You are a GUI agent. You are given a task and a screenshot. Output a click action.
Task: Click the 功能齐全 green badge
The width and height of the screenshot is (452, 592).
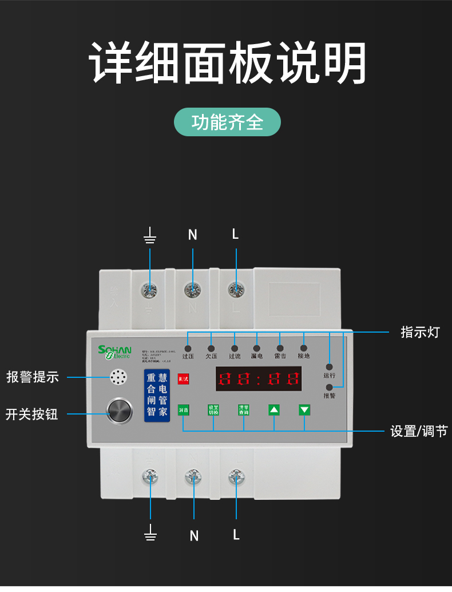pos(227,122)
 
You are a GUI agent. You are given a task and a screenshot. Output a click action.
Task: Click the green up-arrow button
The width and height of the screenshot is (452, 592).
pos(274,410)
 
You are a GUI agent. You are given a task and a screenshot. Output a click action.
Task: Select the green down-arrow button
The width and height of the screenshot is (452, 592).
pos(304,410)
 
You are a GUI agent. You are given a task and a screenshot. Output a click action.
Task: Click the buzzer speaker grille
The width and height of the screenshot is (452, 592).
pos(118,377)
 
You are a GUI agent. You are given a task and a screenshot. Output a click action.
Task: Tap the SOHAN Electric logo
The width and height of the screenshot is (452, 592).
pos(114,352)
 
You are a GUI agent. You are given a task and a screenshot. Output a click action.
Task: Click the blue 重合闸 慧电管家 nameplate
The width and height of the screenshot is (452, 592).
pos(157,396)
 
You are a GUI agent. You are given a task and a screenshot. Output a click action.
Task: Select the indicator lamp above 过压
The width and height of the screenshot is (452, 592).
pos(188,348)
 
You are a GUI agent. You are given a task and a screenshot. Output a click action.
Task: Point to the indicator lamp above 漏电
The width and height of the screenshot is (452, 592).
pos(257,348)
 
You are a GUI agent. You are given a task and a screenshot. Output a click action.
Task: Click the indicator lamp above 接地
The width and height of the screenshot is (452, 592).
pos(303,348)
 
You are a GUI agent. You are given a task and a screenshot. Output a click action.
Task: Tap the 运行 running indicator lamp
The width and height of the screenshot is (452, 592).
pos(330,367)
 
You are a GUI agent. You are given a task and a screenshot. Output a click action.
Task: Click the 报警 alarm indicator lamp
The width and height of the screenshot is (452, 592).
pos(330,387)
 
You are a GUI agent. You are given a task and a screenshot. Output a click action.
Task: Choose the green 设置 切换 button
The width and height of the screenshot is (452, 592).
pos(213,410)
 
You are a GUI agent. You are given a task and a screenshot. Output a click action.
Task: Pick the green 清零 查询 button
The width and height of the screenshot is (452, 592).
pos(244,410)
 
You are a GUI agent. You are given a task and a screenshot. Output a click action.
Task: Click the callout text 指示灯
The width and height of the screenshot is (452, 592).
pos(419,333)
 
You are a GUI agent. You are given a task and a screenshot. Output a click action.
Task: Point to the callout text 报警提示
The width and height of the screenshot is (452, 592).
pos(33,377)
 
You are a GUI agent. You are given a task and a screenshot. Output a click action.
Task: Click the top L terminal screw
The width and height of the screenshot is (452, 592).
pos(235,290)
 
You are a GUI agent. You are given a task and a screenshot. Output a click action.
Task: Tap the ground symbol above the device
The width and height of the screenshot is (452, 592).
pos(150,235)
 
